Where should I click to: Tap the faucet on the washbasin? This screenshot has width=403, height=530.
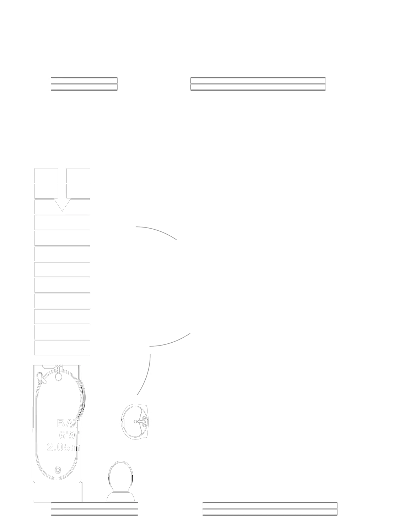tap(141, 421)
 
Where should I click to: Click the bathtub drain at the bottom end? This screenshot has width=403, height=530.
tap(58, 470)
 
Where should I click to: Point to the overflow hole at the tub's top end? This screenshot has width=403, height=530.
tap(58, 376)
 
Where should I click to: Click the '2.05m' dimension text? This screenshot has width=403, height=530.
tap(64, 447)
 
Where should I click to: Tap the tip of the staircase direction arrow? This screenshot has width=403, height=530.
tap(63, 211)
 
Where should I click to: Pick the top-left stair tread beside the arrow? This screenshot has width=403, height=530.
tap(46, 176)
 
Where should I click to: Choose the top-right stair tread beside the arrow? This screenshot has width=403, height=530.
tap(78, 176)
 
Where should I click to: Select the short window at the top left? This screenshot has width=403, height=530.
tap(84, 84)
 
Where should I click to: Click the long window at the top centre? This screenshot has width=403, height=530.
tap(258, 84)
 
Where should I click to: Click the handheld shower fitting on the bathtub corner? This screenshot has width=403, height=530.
tap(42, 378)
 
